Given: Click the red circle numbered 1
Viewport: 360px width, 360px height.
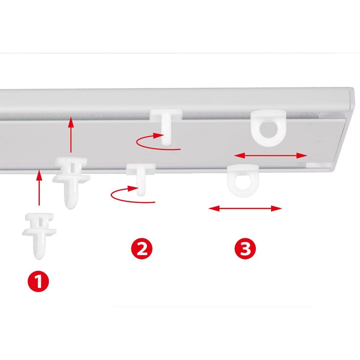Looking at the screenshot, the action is click(x=39, y=281).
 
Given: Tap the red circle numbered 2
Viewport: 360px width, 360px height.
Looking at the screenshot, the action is click(x=141, y=249).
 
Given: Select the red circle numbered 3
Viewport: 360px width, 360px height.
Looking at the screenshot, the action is click(x=245, y=249).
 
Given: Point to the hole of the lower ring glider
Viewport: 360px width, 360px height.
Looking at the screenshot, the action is click(x=243, y=182).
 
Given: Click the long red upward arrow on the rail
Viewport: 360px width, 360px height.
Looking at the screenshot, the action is click(x=71, y=135).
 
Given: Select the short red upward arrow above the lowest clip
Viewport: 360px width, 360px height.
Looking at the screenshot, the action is click(x=39, y=187).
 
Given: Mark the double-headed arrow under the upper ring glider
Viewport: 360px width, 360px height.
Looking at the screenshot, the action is click(x=270, y=156).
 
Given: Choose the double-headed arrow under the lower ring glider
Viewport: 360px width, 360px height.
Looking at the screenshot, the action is click(x=245, y=208).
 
